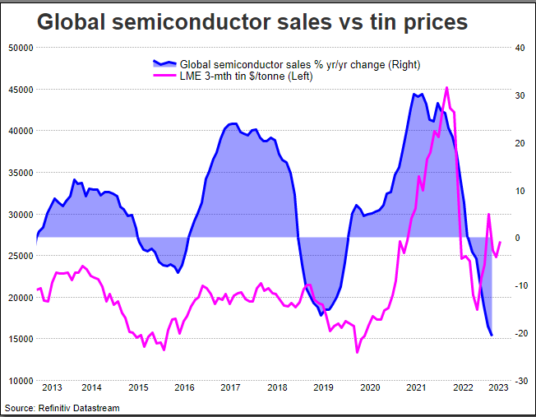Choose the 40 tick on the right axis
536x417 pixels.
[519, 47]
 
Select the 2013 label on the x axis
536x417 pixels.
[52, 387]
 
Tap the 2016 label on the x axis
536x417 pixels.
[184, 387]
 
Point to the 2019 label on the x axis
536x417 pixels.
[324, 387]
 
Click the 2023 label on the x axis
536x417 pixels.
[497, 387]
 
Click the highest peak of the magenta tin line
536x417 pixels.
[446, 87]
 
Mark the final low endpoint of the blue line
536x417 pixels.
[492, 335]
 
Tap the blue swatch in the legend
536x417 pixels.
[164, 63]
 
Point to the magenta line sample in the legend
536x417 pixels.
[164, 76]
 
